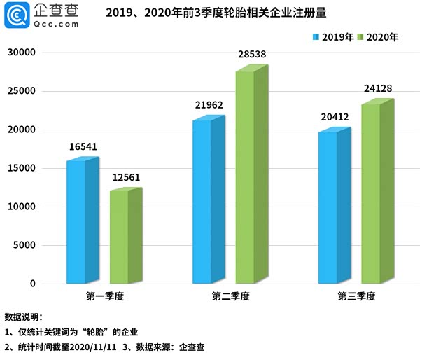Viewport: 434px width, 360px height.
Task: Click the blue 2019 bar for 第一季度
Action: (76, 222)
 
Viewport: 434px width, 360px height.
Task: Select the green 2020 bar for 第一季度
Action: (119, 237)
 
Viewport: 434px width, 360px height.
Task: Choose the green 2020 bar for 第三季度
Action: (371, 194)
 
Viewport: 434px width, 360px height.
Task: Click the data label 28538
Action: (253, 54)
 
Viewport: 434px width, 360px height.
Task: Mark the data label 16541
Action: (84, 147)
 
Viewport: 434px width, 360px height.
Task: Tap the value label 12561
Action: (126, 177)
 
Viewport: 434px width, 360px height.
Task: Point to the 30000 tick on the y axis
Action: (22, 53)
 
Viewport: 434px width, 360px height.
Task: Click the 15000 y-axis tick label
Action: (22, 169)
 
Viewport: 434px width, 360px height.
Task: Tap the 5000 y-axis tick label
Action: (24, 246)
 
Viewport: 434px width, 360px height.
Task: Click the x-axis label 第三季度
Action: (357, 297)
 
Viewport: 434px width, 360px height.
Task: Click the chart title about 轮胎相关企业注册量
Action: (216, 13)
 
